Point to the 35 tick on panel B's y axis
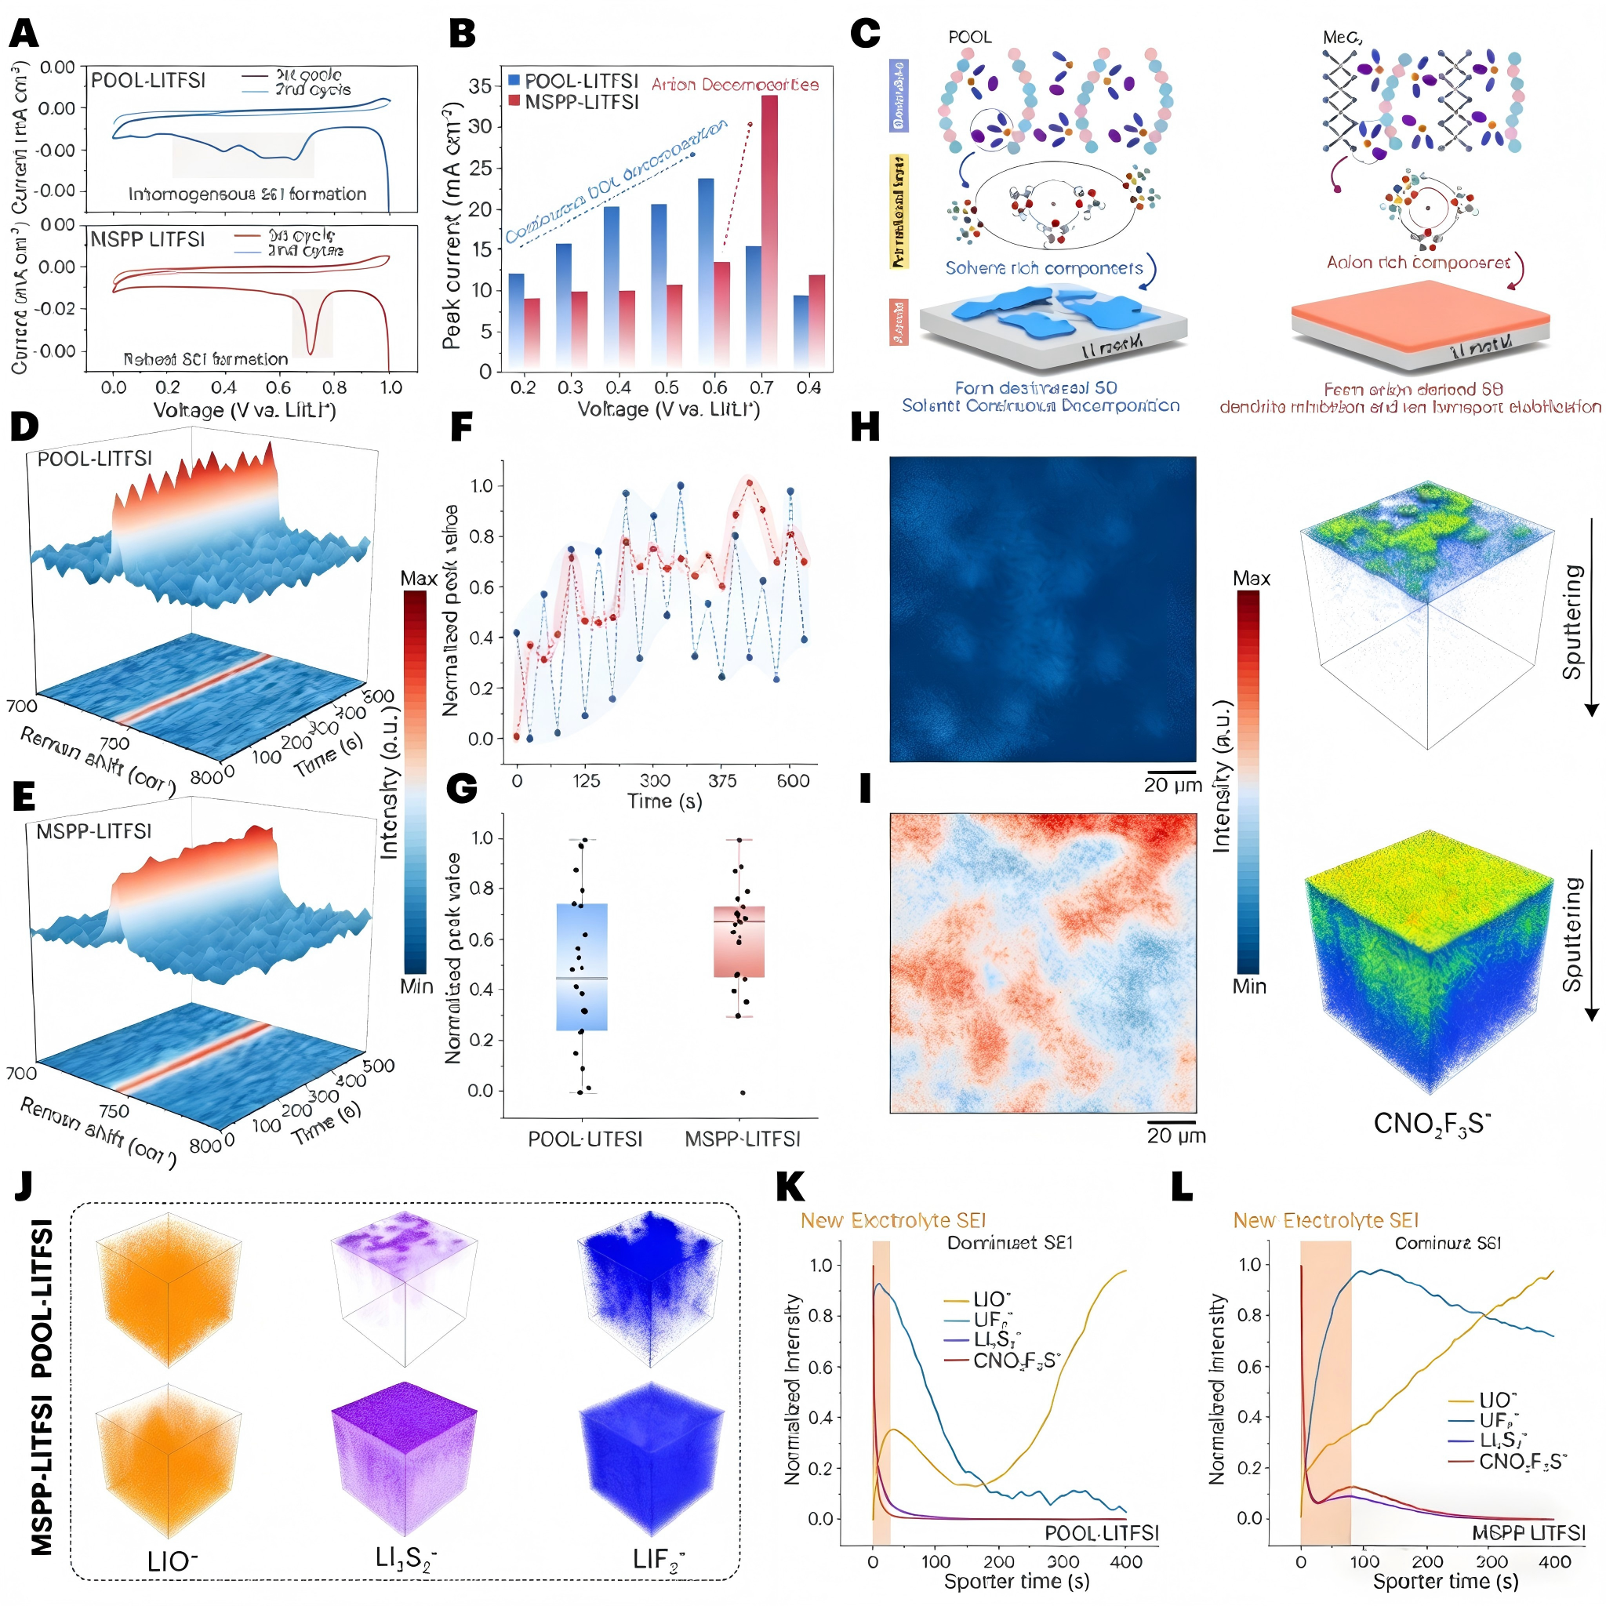[480, 86]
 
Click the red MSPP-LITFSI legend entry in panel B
[573, 102]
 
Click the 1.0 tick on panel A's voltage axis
[390, 387]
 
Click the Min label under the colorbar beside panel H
[1248, 986]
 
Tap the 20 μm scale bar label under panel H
[1172, 785]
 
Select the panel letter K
[790, 1188]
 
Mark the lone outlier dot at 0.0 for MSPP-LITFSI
[743, 1092]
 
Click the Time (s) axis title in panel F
[664, 801]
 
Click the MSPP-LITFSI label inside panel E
[94, 831]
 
